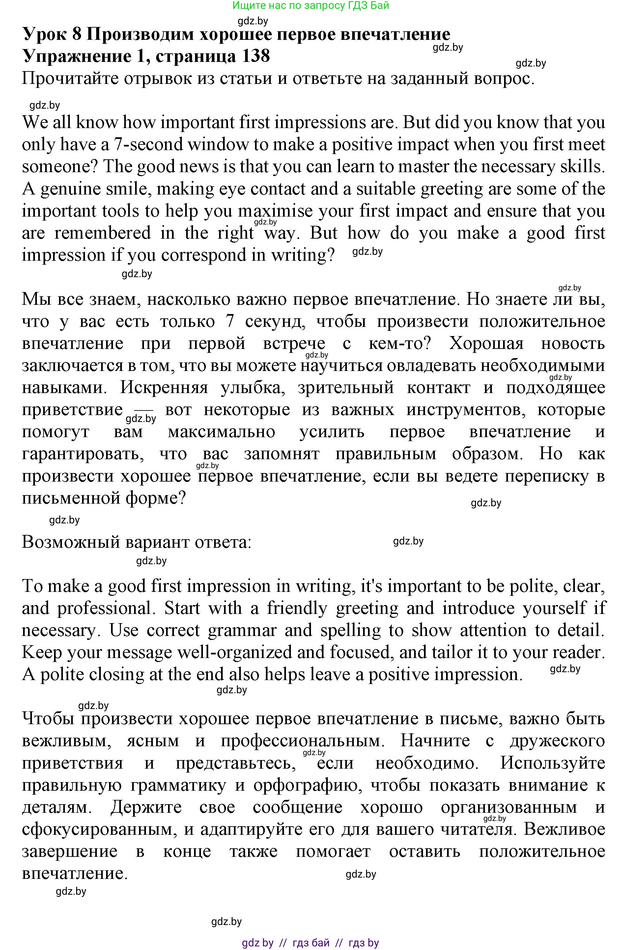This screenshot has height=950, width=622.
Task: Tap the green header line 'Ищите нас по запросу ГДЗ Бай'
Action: [310, 6]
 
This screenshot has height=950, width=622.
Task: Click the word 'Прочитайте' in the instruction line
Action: [70, 79]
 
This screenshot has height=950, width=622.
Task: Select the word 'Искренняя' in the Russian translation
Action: [164, 387]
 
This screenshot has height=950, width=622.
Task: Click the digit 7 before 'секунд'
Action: [230, 321]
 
